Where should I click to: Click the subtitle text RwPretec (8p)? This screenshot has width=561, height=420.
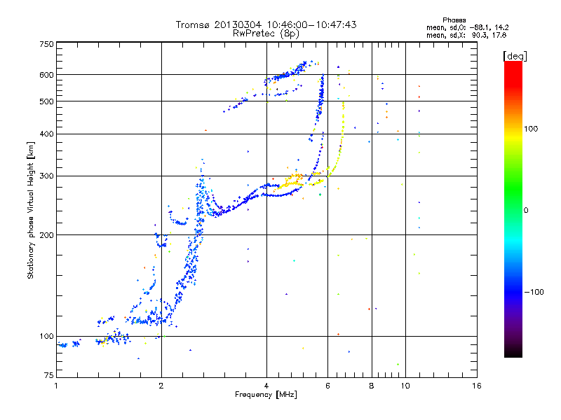tap(266, 34)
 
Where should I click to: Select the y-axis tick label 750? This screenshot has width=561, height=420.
tap(47, 44)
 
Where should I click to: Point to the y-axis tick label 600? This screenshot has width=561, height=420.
tap(47, 75)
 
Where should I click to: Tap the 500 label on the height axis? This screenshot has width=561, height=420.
tap(47, 101)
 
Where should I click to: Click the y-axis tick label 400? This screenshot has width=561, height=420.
tap(47, 134)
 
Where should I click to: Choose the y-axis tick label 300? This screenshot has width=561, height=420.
tap(47, 176)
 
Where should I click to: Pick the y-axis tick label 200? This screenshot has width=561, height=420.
tap(47, 235)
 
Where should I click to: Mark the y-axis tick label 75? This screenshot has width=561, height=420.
tap(49, 375)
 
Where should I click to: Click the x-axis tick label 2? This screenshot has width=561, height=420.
tap(161, 386)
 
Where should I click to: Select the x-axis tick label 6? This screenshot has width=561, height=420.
tap(327, 386)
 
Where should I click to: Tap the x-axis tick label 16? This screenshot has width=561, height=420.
tap(477, 386)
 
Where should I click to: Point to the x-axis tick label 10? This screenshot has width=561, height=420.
tap(405, 386)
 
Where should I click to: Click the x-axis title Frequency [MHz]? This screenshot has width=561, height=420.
tap(266, 395)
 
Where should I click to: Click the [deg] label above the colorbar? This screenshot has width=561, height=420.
tap(515, 56)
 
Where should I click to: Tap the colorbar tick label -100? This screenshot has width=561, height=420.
tap(534, 292)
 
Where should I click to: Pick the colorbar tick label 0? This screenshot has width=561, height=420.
tap(526, 211)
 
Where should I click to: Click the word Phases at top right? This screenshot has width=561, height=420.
tap(454, 20)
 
